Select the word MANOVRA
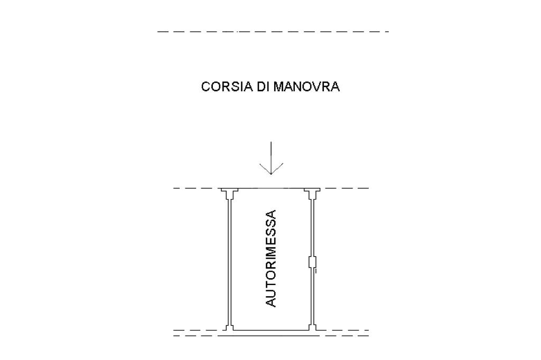(x=306, y=87)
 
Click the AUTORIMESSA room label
(x=270, y=258)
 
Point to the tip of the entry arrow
(x=270, y=174)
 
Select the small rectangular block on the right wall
(x=312, y=263)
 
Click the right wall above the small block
(x=312, y=227)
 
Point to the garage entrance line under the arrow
(x=270, y=188)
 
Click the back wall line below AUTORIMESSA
(x=270, y=330)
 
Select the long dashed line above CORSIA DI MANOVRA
(x=273, y=32)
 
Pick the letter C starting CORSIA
(x=206, y=87)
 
